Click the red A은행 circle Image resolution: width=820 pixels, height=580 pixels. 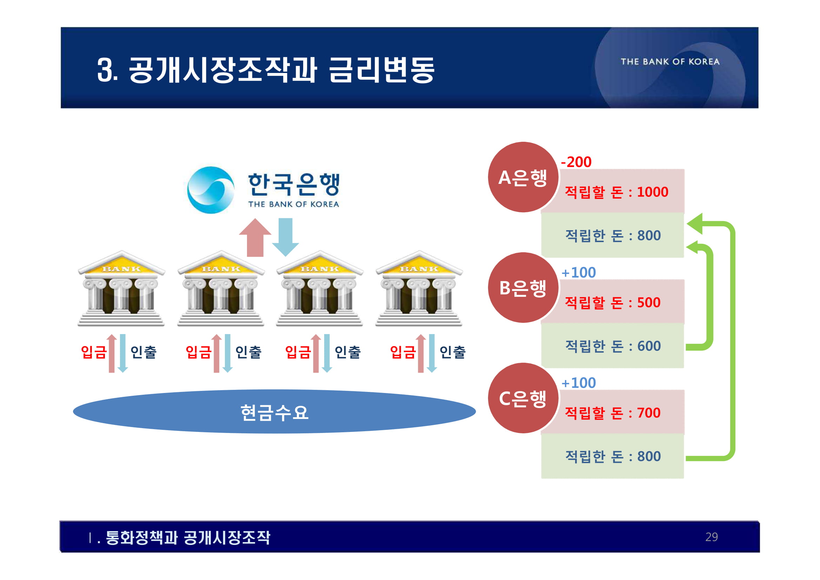[x=523, y=178]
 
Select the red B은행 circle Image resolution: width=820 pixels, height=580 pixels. [x=523, y=288]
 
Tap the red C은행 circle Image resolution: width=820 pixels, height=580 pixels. [x=523, y=398]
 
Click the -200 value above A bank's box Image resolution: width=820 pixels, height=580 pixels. [x=576, y=162]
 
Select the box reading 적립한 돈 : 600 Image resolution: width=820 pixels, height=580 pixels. [x=613, y=346]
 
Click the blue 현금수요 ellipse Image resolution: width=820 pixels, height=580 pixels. [x=274, y=412]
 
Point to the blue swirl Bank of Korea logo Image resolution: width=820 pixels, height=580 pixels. [x=211, y=190]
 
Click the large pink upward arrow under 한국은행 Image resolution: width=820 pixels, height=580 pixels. [x=255, y=238]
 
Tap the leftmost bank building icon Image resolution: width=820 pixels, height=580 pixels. [x=121, y=288]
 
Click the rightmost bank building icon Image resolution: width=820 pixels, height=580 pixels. [x=419, y=288]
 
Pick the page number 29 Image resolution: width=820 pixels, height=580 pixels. [x=712, y=537]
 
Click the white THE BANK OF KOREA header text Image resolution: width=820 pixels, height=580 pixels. [x=670, y=62]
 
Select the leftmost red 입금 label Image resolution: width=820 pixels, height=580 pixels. [x=94, y=352]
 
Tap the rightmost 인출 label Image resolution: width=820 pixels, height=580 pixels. [x=453, y=352]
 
